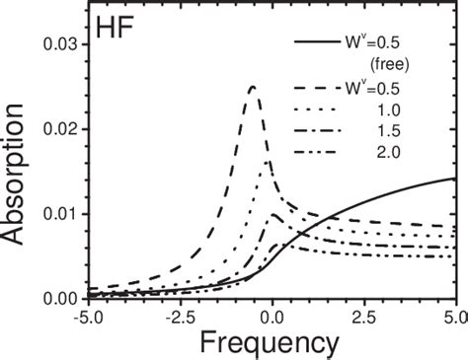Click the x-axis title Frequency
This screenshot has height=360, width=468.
268,341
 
